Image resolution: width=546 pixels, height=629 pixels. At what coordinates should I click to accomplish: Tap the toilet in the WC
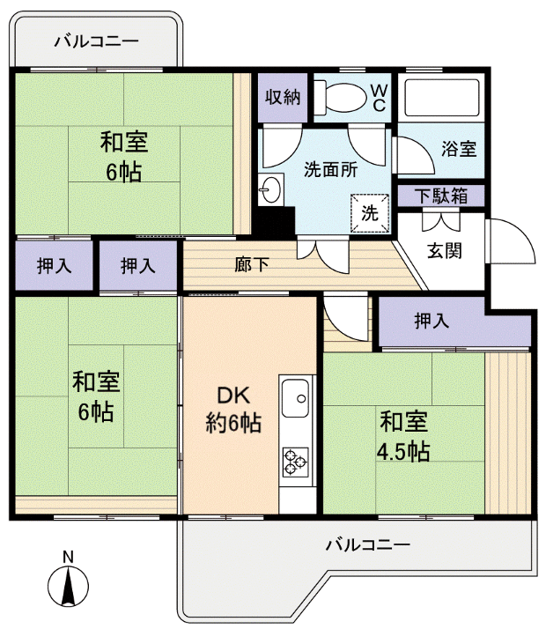pos(340,95)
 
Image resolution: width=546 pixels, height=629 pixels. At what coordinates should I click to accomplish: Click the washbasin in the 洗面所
pos(270,189)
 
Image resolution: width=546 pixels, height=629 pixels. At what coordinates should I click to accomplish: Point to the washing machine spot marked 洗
pos(370,211)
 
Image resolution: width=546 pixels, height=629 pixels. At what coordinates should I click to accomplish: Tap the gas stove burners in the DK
pos(296,459)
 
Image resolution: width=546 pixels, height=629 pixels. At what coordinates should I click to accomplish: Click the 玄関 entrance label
pos(446,250)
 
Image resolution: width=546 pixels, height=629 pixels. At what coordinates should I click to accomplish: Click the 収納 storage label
pos(282,96)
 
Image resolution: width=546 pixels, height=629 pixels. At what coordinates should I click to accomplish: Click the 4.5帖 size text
pos(404,453)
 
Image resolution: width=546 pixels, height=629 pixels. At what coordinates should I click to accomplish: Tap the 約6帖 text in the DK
pos(233,423)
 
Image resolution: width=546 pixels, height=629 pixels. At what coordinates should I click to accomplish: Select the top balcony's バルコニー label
pos(97,41)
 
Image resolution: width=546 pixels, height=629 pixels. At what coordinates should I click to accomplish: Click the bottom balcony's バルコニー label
pos(367,544)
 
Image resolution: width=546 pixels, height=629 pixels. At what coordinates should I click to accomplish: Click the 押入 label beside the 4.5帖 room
pos(431,322)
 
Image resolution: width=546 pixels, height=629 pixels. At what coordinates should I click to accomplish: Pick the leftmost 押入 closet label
pos(54,264)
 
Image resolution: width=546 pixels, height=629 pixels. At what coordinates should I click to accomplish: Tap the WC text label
pos(378,96)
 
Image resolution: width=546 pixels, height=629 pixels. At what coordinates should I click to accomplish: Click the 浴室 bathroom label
pos(459,149)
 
